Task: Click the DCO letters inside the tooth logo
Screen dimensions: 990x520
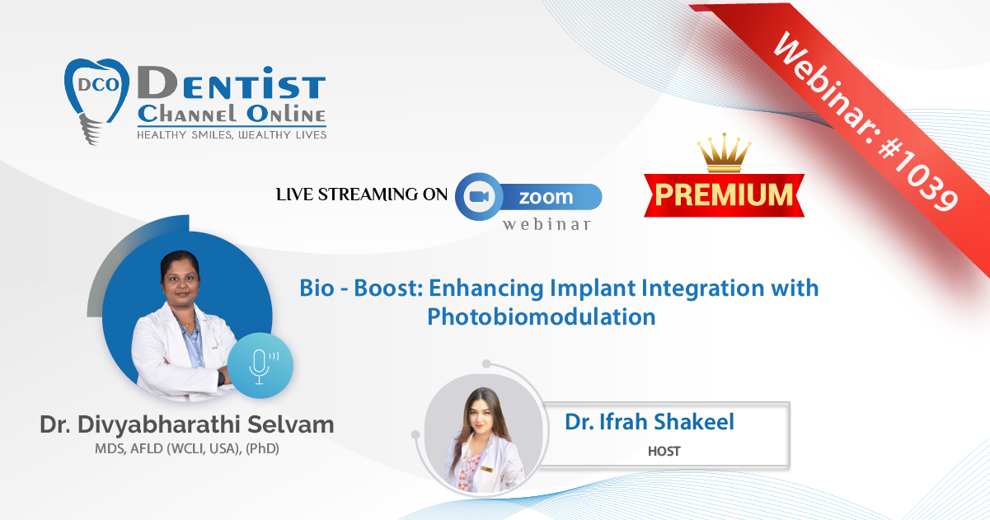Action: point(99,84)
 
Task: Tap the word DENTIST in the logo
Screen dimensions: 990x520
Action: point(232,82)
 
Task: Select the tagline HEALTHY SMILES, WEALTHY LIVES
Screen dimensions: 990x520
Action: point(232,135)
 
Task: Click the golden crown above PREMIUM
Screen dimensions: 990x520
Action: point(724,152)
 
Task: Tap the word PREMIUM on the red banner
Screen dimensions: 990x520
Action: point(724,194)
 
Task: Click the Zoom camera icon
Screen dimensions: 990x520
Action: point(479,196)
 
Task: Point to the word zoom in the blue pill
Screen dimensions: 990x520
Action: point(546,197)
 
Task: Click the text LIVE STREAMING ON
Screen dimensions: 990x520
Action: point(362,194)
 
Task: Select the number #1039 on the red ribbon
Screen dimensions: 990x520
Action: point(918,174)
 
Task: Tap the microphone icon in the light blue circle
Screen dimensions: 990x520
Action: point(261,367)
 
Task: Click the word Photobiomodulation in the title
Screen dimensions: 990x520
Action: point(541,316)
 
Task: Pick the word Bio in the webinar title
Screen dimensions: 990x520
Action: point(317,288)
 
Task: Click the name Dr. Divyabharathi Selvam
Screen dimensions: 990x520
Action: point(187,424)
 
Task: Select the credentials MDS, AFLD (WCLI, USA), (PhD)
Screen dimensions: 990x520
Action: point(187,448)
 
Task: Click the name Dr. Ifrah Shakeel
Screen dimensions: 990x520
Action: point(650,421)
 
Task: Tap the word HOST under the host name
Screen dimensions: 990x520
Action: point(664,451)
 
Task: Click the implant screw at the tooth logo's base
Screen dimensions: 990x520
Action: point(90,129)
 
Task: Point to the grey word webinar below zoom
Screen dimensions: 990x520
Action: point(547,224)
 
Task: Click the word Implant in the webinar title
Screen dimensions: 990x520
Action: point(593,289)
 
